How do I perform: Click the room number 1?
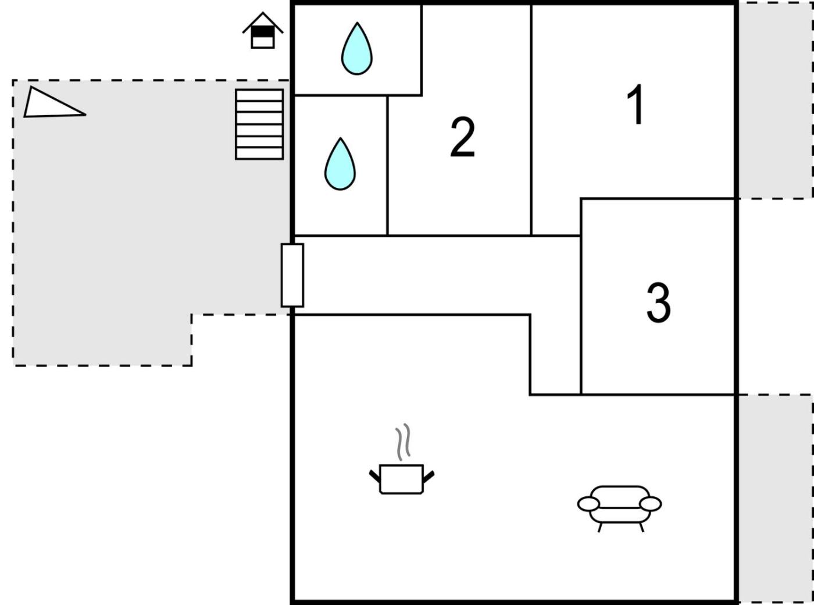(636, 105)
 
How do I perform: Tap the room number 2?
(462, 137)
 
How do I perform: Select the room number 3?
(658, 302)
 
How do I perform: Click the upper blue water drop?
(356, 50)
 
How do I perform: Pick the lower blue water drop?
(340, 165)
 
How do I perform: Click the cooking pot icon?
(401, 479)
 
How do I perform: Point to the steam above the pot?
(403, 442)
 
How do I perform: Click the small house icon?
(263, 31)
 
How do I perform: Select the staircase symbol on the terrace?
(259, 124)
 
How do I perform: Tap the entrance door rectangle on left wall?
(292, 275)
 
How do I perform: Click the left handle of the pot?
(375, 476)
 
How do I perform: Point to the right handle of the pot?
(429, 476)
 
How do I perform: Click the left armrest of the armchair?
(588, 504)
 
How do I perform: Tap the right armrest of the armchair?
(651, 504)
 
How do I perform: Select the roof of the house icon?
(263, 22)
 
